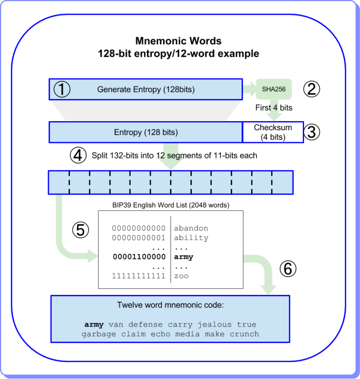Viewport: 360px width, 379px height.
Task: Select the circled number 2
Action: (311, 89)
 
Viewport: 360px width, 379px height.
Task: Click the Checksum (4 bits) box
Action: (273, 132)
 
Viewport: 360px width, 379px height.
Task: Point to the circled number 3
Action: (311, 132)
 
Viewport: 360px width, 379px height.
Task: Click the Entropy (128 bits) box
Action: (145, 132)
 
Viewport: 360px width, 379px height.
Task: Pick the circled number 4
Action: (78, 155)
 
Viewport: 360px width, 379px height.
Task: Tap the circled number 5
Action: (80, 230)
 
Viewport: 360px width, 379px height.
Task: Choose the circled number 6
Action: (288, 269)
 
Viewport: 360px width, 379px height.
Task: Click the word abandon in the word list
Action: (191, 228)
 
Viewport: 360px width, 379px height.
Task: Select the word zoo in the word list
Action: (181, 276)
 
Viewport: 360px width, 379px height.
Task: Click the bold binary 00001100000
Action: (139, 257)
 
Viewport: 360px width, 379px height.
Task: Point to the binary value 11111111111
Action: (139, 276)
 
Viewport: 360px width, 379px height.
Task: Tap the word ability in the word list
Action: (191, 238)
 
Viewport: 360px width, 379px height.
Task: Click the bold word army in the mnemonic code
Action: (94, 324)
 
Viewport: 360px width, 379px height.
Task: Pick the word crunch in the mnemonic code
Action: (245, 334)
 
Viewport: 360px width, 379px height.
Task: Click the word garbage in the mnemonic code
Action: (99, 334)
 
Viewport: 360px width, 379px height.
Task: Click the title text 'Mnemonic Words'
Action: (178, 41)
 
